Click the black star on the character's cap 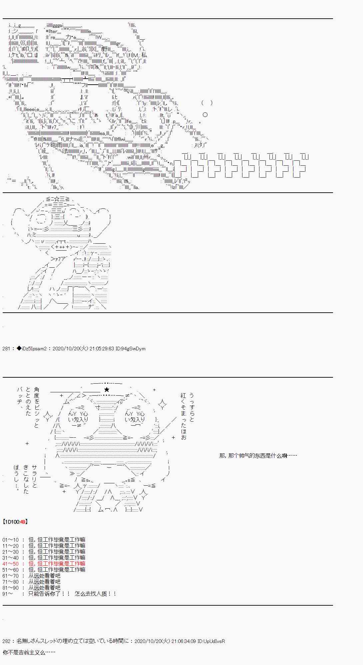coord(107,389)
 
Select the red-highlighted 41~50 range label coord(11,564)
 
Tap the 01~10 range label coord(11,540)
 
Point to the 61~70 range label coord(11,576)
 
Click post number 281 coord(6,349)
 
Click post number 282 coord(6,641)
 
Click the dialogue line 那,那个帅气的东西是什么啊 coord(257,455)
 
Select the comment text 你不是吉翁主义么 coord(29,652)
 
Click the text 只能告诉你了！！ coord(49,594)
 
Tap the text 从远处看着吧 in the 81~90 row coord(44,588)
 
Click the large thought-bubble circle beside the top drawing coord(205,115)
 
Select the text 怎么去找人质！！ coord(96,594)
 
